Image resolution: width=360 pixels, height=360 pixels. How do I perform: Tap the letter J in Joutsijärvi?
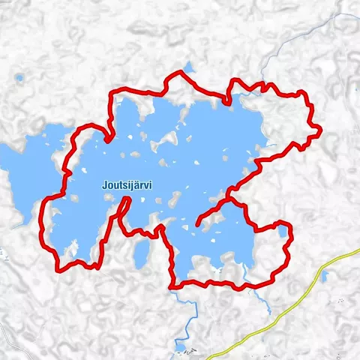pyautogui.click(x=104, y=183)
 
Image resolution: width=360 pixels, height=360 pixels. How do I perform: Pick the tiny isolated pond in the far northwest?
pyautogui.click(x=18, y=77)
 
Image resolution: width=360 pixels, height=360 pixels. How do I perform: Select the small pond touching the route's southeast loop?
pyautogui.click(x=282, y=230)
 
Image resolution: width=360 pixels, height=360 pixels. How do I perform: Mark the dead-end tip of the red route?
pyautogui.click(x=197, y=224)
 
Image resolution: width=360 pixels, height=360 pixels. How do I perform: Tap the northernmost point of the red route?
pyautogui.click(x=179, y=73)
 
